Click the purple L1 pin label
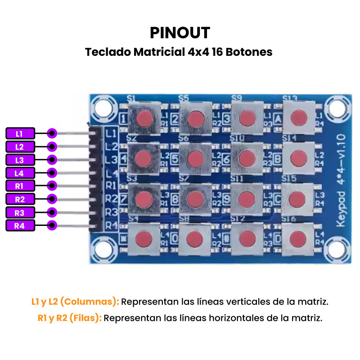pyautogui.click(x=19, y=133)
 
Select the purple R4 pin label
pyautogui.click(x=19, y=225)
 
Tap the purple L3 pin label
pyautogui.click(x=19, y=160)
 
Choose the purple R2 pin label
pyautogui.click(x=19, y=199)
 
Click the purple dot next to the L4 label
pyautogui.click(x=52, y=173)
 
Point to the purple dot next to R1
pyautogui.click(x=52, y=186)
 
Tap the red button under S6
pyautogui.click(x=196, y=158)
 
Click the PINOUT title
pyautogui.click(x=180, y=32)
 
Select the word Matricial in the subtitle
pyautogui.click(x=157, y=52)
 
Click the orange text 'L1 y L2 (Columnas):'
pyautogui.click(x=75, y=301)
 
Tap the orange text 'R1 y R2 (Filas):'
pyautogui.click(x=70, y=318)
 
